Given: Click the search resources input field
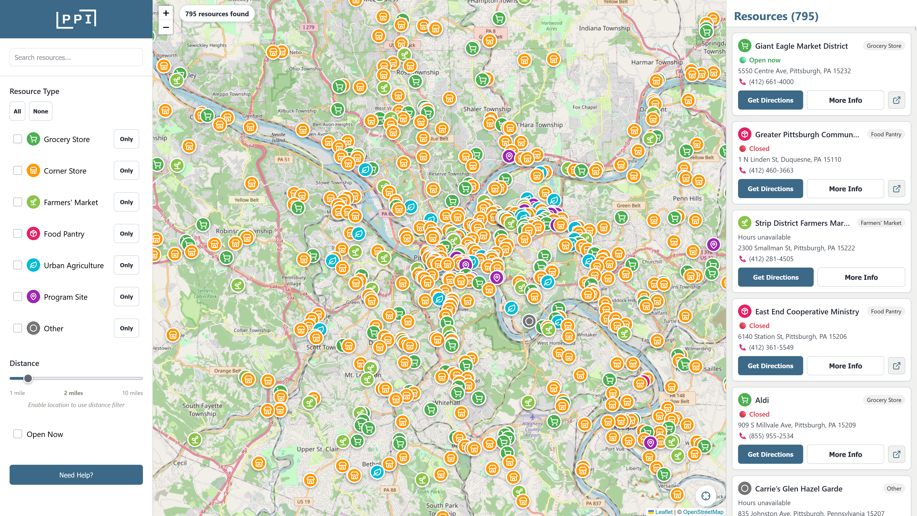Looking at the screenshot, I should tap(76, 57).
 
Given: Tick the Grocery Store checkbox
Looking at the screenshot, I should tap(18, 139).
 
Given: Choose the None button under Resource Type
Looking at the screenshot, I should tap(41, 111).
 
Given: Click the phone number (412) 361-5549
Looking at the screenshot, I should tap(771, 347).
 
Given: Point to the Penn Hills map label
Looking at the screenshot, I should tap(687, 198).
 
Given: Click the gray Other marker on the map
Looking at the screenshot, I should tap(529, 321).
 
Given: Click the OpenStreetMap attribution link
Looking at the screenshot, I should tap(703, 512).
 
